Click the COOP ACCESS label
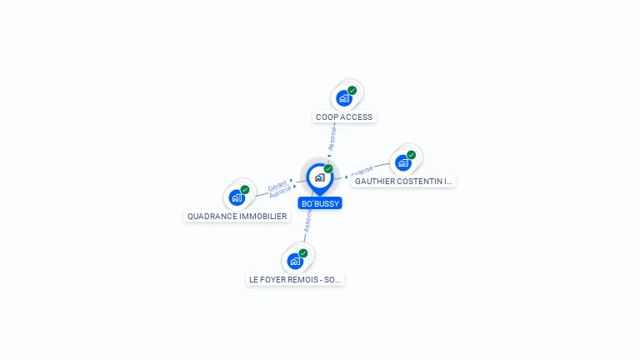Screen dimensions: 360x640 pos(344,117)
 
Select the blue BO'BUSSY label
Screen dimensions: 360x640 pos(320,203)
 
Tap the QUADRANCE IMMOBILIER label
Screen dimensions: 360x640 pos(237,217)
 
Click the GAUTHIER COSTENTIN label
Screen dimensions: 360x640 pos(403,181)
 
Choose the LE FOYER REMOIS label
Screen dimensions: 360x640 pos(295,280)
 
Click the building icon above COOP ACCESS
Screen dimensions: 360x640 pos(343,98)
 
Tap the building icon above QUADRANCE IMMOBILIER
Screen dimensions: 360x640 pos(237,197)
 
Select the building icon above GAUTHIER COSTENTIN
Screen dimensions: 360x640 pos(403,162)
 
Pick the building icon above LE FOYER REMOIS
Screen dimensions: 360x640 pos(295,261)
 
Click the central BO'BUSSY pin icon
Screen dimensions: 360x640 pos(319,177)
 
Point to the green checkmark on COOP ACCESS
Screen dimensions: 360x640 pos(352,90)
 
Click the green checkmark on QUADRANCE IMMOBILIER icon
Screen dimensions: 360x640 pos(245,189)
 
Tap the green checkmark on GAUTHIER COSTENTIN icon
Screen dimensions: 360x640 pos(412,154)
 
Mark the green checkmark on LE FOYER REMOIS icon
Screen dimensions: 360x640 pos(303,252)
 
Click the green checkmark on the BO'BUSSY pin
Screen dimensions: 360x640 pos(328,168)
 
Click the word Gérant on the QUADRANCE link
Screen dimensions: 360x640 pos(277,186)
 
